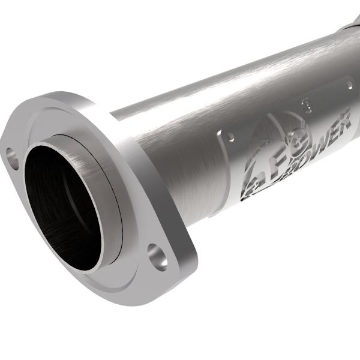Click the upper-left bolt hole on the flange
click(x=13, y=158)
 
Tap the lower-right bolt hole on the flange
click(x=157, y=256)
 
